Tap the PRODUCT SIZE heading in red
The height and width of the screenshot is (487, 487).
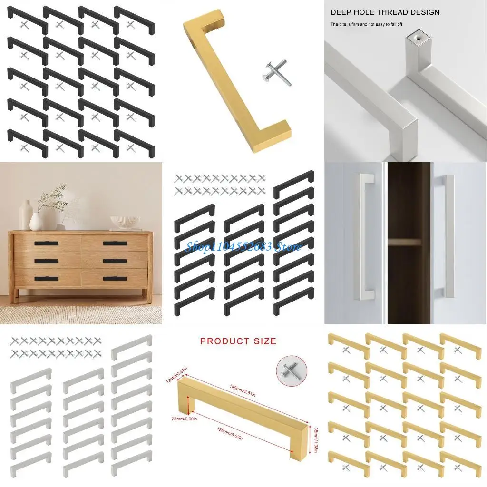coord(238,341)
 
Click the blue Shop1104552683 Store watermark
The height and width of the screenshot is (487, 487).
coord(243,246)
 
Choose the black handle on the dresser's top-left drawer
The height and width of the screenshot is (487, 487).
coord(46,243)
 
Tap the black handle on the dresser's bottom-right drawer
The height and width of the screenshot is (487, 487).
coord(115,278)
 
